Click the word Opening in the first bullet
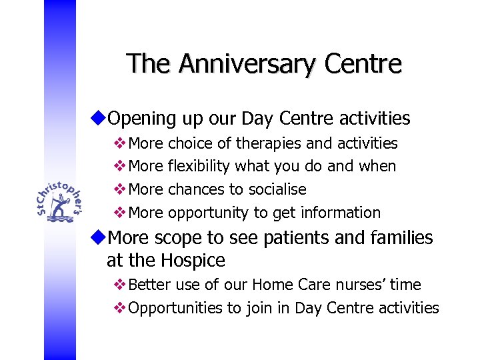137,119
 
